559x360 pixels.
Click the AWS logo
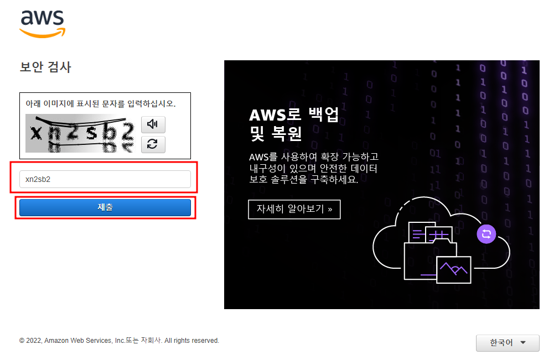43,23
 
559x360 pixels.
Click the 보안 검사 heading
45,67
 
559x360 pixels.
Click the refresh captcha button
153,144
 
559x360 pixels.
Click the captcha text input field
105,179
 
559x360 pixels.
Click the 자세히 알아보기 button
294,210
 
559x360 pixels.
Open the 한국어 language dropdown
507,343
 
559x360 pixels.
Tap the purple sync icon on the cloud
486,234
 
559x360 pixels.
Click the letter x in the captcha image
36,132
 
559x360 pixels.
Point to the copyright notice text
119,341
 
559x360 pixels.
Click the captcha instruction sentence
101,103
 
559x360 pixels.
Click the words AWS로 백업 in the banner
293,114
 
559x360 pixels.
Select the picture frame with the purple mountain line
453,269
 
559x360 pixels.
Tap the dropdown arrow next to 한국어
522,343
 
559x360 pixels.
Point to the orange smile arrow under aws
43,33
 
